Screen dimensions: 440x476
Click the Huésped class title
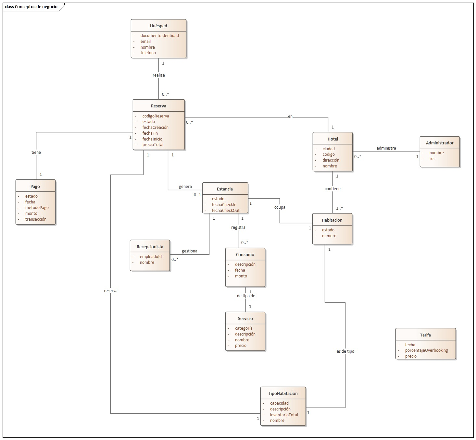click(158, 26)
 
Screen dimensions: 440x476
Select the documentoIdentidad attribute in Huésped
click(159, 36)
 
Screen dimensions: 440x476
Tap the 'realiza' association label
click(159, 75)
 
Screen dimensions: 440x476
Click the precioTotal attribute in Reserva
click(153, 145)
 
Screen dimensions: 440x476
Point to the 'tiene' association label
click(36, 153)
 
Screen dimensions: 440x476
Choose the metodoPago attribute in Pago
click(37, 208)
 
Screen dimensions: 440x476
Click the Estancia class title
click(225, 189)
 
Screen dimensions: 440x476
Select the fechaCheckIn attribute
click(224, 205)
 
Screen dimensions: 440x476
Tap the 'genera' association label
click(185, 187)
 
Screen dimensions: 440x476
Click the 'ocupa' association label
click(280, 207)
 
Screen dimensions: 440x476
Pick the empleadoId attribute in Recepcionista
click(151, 257)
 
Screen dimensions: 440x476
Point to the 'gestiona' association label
click(189, 251)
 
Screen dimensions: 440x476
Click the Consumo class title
click(245, 255)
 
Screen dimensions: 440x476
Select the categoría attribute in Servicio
click(244, 328)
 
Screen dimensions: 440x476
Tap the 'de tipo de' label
click(246, 296)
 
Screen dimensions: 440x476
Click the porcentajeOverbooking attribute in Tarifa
click(426, 350)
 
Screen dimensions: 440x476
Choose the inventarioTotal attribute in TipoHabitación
click(284, 415)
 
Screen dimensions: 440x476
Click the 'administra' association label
click(386, 148)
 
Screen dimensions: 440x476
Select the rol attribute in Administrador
click(432, 159)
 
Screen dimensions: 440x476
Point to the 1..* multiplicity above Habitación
click(339, 208)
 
